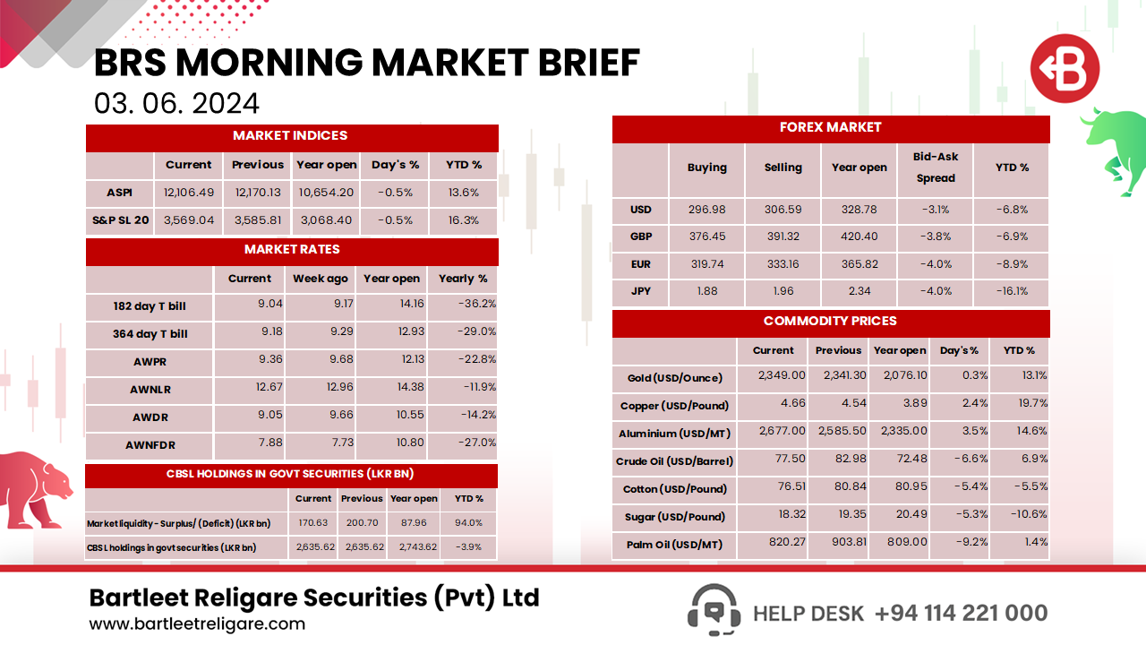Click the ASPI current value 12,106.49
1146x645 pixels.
[x=189, y=192]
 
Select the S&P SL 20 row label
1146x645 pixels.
[x=120, y=219]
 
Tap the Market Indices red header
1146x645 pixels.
[x=291, y=136]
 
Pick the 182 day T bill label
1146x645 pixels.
[x=150, y=306]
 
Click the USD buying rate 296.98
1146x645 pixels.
[x=706, y=210]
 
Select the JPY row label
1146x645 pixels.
[x=640, y=291]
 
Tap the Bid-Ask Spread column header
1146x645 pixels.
[x=936, y=168]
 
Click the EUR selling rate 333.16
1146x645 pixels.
[x=783, y=264]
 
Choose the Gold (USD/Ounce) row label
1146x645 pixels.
[x=674, y=378]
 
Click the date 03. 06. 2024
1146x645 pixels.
[x=176, y=103]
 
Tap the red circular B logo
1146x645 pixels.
[x=1064, y=69]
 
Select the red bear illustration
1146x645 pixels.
[x=36, y=488]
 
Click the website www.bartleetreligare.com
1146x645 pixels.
[x=197, y=624]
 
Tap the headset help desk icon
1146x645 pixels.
[x=714, y=610]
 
